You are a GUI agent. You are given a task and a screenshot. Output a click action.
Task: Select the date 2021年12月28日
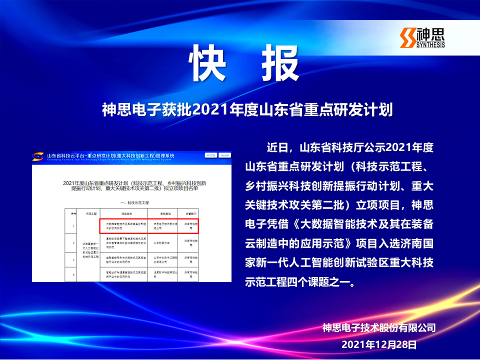click(x=379, y=344)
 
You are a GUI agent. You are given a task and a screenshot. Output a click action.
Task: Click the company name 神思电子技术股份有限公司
click(x=379, y=328)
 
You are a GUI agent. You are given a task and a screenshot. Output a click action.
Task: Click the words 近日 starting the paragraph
click(x=278, y=148)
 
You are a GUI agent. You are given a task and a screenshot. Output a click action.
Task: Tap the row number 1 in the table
click(x=73, y=226)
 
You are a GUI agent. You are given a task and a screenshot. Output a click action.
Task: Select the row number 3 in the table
click(x=73, y=259)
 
